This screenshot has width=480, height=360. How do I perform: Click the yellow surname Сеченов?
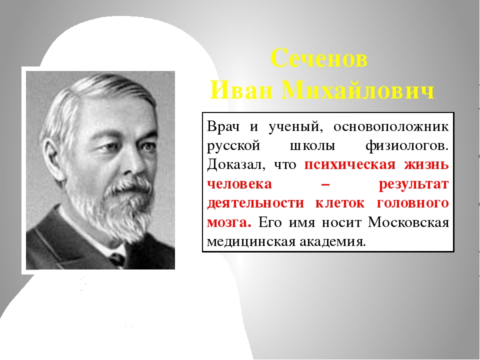coord(319,58)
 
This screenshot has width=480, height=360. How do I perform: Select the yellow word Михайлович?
coord(358,90)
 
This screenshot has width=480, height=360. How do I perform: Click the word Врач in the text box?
coord(223,126)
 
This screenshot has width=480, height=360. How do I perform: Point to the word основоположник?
coord(391,126)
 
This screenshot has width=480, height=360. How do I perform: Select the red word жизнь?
coord(426,165)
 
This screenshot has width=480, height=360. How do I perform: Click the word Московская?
coord(408,222)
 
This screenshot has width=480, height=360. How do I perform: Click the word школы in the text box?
coord(312,146)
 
